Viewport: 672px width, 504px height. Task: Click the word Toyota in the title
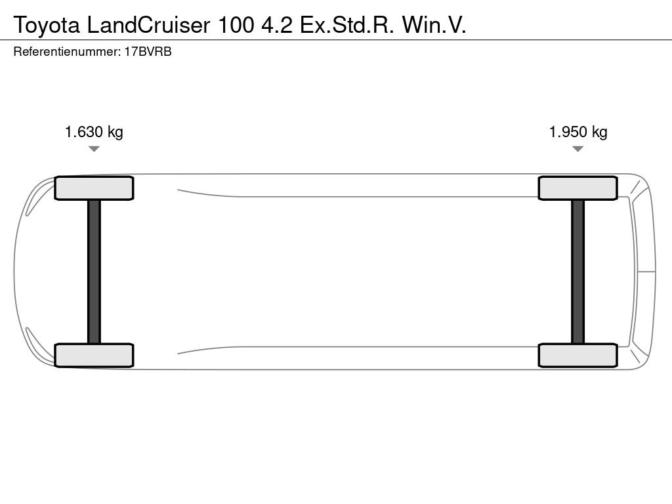47,26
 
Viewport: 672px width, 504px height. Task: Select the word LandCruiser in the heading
148,25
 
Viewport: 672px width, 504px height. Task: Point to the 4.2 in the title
277,25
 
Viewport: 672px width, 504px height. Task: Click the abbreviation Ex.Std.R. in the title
346,25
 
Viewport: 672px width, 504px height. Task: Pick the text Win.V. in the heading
434,25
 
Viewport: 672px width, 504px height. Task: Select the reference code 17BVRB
148,51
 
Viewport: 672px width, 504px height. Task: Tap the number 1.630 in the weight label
84,132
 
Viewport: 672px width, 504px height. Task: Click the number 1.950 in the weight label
568,132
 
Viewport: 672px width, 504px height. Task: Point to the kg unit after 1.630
115,133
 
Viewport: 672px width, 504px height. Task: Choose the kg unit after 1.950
599,133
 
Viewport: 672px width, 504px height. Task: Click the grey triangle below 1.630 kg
94,149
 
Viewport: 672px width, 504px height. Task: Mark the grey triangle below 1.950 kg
577,149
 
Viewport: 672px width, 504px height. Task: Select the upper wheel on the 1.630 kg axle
94,188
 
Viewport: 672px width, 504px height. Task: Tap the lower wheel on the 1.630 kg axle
94,355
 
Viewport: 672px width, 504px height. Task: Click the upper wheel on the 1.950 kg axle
577,188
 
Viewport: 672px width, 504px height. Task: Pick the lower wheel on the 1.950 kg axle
577,355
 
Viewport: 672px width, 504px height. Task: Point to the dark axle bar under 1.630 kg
94,272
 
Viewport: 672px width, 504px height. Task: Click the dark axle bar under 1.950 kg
577,272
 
